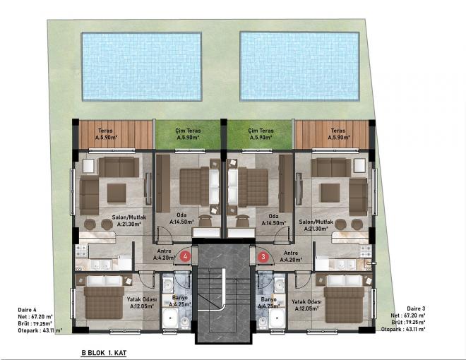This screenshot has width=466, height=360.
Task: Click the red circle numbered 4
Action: tap(186, 256)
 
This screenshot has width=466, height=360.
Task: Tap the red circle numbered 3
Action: tap(263, 256)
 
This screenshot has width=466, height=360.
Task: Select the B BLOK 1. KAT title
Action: tap(104, 353)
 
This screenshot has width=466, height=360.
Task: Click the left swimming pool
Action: tap(142, 66)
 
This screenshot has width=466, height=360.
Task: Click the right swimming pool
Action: tap(299, 66)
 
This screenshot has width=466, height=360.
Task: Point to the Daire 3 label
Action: tap(416, 309)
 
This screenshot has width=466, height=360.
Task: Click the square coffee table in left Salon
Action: tap(116, 193)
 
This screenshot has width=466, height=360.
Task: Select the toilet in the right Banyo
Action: tap(263, 323)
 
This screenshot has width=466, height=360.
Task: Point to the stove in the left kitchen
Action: tap(81, 251)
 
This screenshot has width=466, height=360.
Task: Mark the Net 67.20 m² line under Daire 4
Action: tap(35, 317)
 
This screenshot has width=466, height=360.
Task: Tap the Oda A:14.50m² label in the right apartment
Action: tap(273, 220)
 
